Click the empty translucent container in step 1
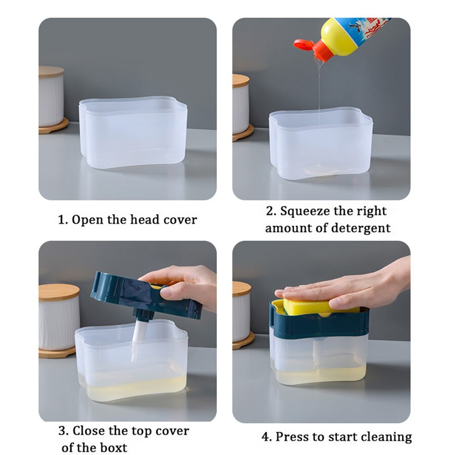[x=133, y=132]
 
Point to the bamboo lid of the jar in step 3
[x=59, y=292]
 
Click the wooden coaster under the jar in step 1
[x=54, y=126]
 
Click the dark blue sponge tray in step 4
[x=318, y=324]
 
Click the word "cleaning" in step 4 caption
[x=387, y=436]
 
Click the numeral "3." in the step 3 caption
[x=63, y=431]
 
